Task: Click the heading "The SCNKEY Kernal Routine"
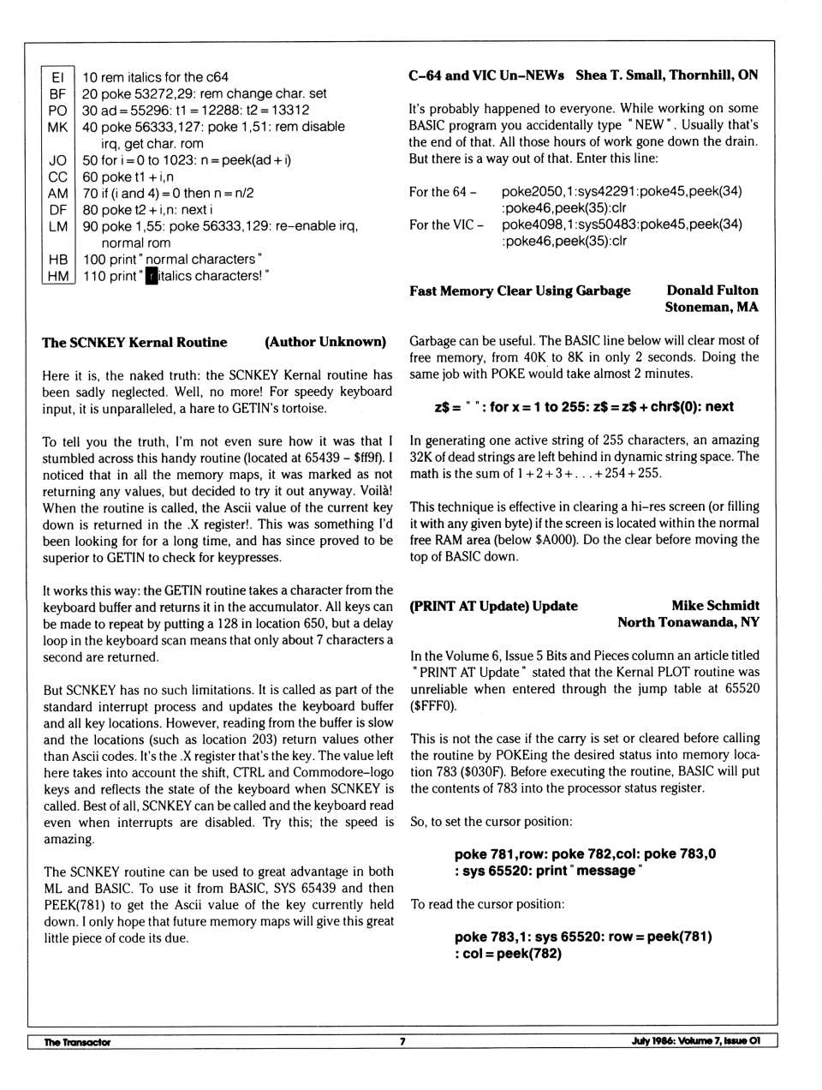pos(134,342)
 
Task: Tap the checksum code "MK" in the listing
pos(57,127)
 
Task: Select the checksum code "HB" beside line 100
pos(57,259)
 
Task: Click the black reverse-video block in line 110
pos(152,276)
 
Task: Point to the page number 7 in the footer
pos(402,1042)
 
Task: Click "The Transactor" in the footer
pos(77,1042)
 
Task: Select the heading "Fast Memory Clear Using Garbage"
pos(520,290)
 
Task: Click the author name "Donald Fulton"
pos(712,290)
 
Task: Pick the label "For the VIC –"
pos(446,225)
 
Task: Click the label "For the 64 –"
pos(443,192)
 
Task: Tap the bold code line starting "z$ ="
pos(584,407)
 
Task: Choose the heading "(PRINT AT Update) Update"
pos(493,606)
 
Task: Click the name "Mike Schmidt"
pos(715,606)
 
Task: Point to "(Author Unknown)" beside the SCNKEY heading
pos(325,342)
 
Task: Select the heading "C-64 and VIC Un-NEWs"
pos(486,75)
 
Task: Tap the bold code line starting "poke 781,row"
pos(585,854)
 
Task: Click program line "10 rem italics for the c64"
pos(155,77)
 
